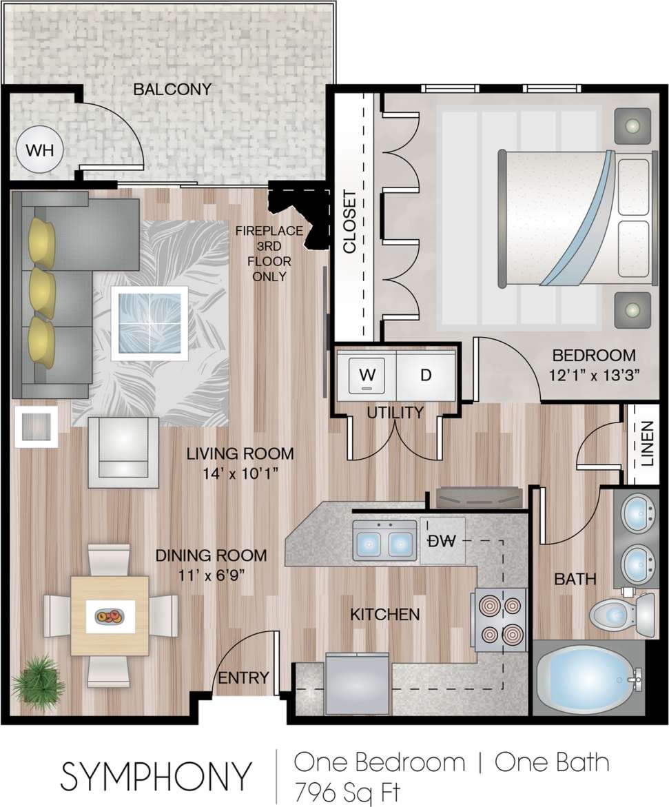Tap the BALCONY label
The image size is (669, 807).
[172, 90]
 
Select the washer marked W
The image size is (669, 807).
[367, 376]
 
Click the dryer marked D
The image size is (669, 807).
[425, 376]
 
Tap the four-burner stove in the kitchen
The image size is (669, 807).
[500, 618]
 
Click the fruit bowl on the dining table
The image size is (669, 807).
[110, 615]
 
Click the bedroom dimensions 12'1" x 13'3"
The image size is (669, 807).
[594, 376]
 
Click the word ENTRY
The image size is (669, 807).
[243, 678]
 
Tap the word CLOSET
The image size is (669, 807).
[350, 221]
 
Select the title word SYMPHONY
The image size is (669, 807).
[156, 776]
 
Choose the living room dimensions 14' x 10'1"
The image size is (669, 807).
[240, 473]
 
